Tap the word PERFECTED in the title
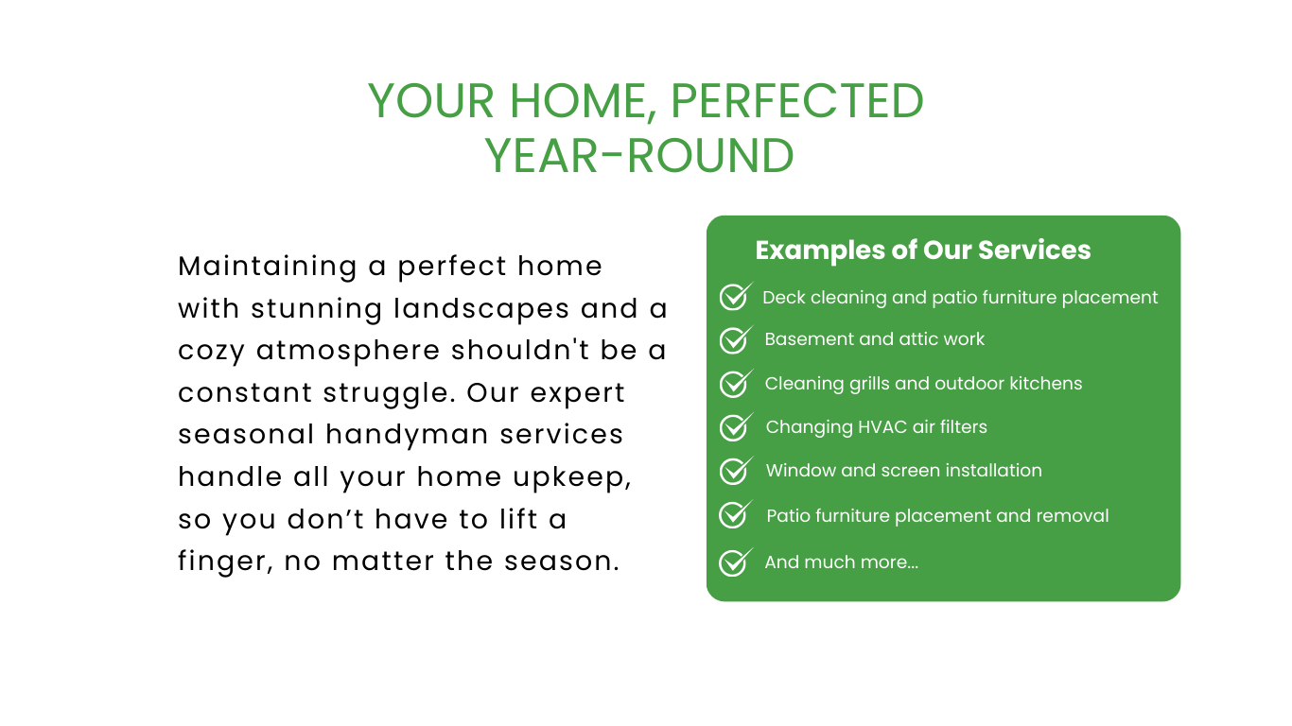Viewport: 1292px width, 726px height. coord(797,101)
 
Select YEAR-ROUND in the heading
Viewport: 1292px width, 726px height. coord(639,156)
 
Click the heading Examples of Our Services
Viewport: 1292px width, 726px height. coord(923,250)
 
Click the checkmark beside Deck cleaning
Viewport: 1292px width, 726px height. coord(736,297)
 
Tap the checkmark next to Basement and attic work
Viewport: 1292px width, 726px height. coord(736,339)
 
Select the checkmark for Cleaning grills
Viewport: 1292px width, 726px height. coord(736,384)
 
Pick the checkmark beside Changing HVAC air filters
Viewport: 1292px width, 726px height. coord(736,426)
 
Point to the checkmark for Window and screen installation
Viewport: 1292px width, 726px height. coord(736,471)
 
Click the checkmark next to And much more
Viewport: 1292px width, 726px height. coord(736,562)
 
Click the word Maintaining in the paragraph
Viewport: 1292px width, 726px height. coord(268,267)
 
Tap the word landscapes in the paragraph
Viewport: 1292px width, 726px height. coord(481,309)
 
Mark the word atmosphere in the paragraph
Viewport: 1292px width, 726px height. coord(348,351)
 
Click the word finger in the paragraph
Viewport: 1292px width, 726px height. coord(225,562)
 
